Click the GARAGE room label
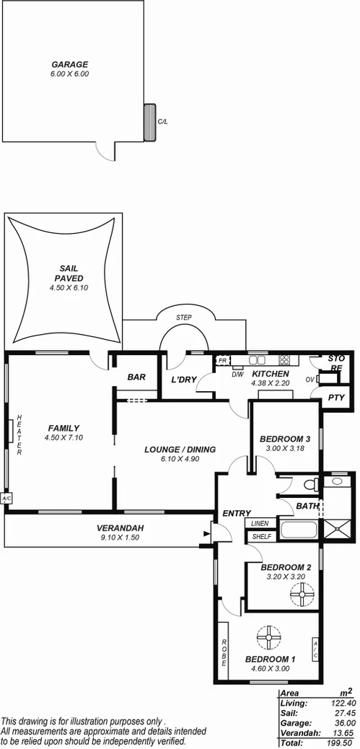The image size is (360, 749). (70, 64)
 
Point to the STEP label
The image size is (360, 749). (184, 317)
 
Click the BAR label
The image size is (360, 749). (137, 377)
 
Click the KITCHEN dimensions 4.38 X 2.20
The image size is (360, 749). (270, 383)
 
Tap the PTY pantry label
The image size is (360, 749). (336, 398)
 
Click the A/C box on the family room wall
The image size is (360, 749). (7, 499)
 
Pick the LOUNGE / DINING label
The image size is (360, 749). (180, 450)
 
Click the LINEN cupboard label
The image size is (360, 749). (260, 523)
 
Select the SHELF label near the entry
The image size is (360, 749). (260, 536)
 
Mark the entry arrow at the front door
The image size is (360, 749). (208, 534)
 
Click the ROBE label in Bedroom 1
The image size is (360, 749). (224, 653)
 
